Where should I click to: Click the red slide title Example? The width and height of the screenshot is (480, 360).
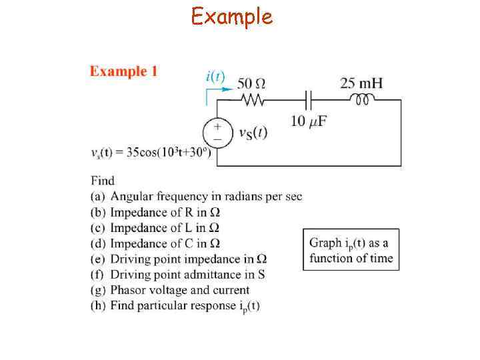point(232,16)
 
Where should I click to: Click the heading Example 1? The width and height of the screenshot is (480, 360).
point(124,71)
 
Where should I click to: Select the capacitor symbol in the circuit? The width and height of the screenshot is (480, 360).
point(308,100)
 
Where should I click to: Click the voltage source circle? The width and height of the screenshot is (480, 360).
point(217,133)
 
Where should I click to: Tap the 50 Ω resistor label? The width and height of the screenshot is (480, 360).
point(251,84)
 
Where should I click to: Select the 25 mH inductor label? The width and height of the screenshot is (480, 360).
point(361,83)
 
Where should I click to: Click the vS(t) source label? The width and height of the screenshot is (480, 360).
point(253,132)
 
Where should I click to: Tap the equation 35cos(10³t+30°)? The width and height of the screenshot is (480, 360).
point(151,152)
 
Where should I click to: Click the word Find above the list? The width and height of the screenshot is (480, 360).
point(103,180)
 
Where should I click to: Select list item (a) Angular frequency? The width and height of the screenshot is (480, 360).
point(196,196)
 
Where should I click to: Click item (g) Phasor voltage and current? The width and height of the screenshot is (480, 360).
point(170,290)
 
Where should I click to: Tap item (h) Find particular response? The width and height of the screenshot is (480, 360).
point(175,306)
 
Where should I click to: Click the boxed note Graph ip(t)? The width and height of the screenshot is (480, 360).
point(351,250)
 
